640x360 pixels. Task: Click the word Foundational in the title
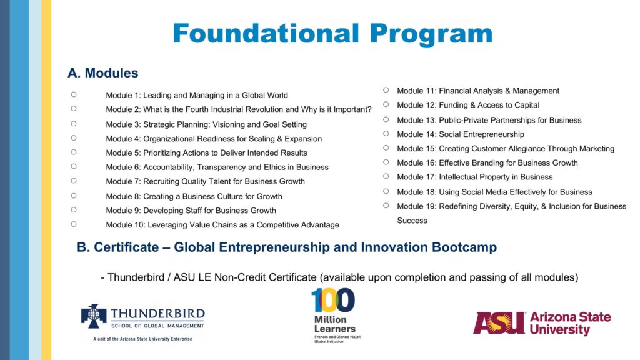tap(266, 34)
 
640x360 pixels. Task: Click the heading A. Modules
tap(103, 73)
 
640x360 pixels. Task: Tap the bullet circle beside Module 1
tap(74, 94)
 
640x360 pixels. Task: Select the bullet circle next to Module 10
tap(74, 224)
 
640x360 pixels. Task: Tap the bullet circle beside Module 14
tap(386, 134)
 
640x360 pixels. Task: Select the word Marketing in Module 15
tap(596, 149)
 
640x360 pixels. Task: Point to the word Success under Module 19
tap(412, 221)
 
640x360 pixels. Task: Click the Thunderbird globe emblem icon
tap(94, 316)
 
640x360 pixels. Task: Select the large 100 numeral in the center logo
tap(333, 301)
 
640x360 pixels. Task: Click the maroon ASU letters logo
tap(499, 323)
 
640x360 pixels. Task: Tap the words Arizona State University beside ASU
tap(570, 323)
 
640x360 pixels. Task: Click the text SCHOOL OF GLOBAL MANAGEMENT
tap(157, 326)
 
